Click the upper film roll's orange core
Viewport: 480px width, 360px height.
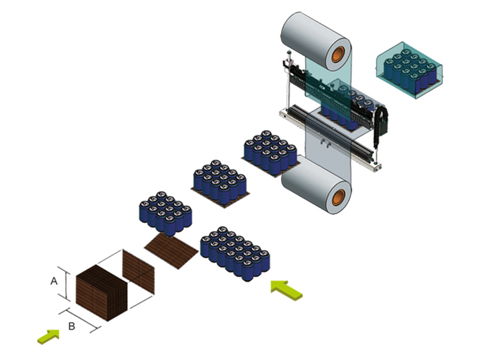pyautogui.click(x=340, y=52)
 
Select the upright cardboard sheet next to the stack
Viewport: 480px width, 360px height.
pyautogui.click(x=138, y=271)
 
